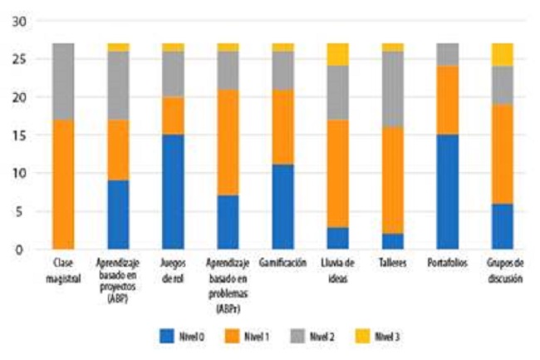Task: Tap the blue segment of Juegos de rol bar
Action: [173, 191]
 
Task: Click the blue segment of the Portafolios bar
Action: [447, 191]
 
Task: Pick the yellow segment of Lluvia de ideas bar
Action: [338, 54]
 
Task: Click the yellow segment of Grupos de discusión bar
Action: [502, 54]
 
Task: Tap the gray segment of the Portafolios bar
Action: [447, 54]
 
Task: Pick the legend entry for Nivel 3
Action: [381, 335]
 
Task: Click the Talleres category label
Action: [392, 263]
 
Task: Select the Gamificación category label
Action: [282, 263]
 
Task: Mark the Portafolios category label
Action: [447, 263]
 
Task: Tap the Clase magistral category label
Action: [63, 270]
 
